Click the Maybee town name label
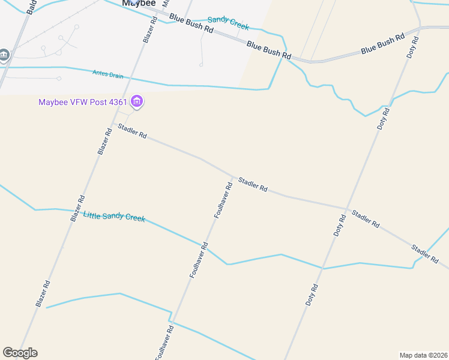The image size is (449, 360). pos(139,3)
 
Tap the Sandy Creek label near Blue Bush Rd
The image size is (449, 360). pos(228,23)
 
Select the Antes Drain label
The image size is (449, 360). pos(107,74)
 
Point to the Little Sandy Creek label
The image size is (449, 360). pos(114,217)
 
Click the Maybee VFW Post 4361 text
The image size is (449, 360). pos(83,101)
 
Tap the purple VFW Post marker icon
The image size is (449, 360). pos(137,101)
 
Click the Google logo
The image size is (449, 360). pos(20,353)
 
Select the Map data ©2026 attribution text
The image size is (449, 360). pos(423,355)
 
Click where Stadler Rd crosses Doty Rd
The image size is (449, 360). pos(348,209)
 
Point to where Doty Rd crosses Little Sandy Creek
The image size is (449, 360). pos(323,268)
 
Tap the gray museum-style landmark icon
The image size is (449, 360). pos(4,55)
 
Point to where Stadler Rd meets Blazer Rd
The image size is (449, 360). pos(115,124)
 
